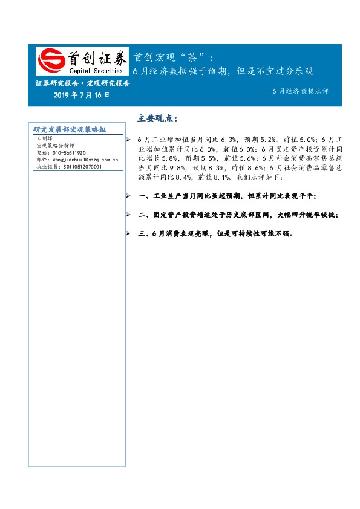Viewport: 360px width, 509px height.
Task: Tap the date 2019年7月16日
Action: (82, 96)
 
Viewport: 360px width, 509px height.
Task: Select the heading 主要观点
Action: (157, 117)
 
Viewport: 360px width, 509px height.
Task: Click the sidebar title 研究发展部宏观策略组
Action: (70, 129)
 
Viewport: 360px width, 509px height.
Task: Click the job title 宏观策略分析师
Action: (55, 146)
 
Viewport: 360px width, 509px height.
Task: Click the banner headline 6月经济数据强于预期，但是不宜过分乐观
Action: (223, 71)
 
